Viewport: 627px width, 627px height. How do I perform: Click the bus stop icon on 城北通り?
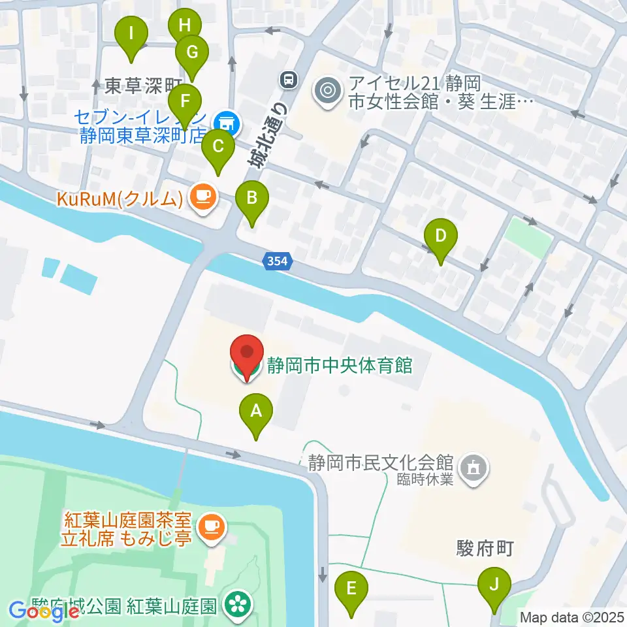(x=287, y=80)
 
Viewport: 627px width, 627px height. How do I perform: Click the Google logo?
(x=44, y=611)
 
